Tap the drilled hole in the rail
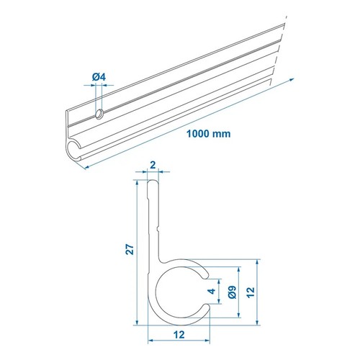[99, 113]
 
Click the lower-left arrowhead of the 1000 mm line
[86, 166]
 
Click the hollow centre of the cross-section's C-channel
[180, 292]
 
